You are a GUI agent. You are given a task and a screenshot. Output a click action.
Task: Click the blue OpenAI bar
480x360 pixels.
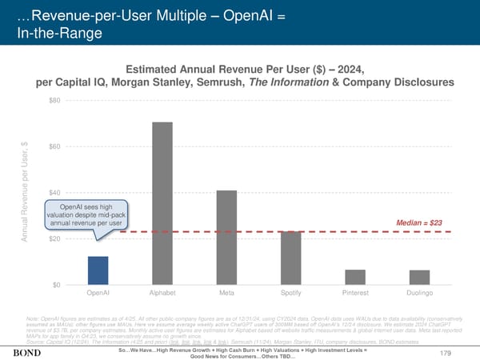point(98,270)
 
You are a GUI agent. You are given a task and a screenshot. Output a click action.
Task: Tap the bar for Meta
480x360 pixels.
point(226,238)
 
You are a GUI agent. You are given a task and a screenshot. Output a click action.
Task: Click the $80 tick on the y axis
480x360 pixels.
point(54,100)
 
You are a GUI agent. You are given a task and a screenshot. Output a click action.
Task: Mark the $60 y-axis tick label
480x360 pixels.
point(54,146)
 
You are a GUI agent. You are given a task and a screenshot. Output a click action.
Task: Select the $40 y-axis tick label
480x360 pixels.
point(54,193)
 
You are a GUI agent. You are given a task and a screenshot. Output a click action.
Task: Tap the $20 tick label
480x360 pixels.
point(54,239)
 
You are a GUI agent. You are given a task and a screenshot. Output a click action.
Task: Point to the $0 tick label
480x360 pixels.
point(56,285)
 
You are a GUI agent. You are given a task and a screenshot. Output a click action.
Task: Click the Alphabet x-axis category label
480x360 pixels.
point(162,294)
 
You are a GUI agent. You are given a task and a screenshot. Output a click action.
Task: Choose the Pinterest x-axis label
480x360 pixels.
point(355,294)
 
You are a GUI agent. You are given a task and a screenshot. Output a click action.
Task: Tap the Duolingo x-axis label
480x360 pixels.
point(419,294)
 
